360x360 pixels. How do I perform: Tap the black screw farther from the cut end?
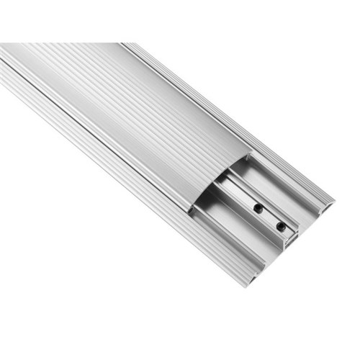tap(257, 208)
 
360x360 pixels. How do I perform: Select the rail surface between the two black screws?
tap(267, 217)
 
